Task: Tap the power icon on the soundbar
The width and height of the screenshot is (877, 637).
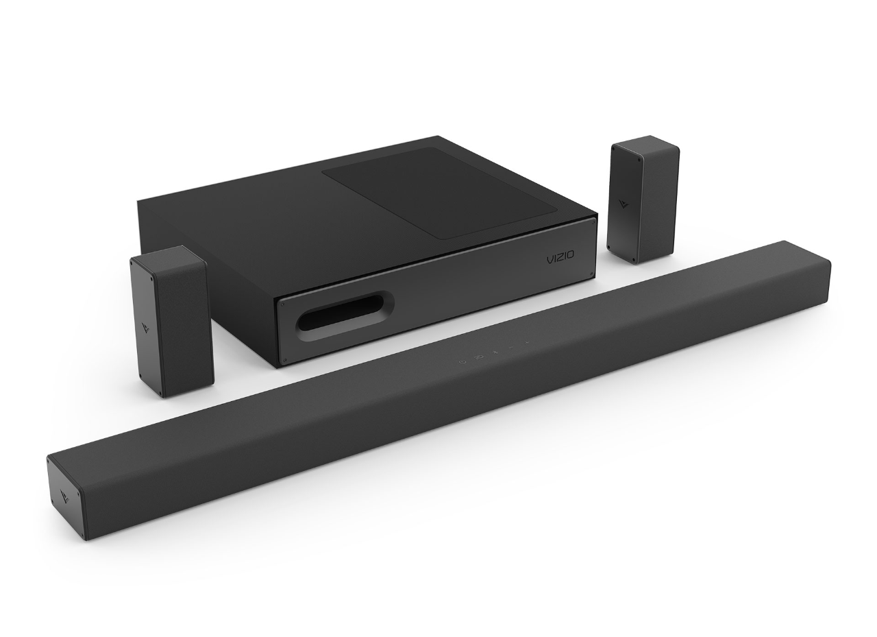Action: tap(462, 361)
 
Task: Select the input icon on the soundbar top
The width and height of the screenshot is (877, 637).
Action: tap(479, 357)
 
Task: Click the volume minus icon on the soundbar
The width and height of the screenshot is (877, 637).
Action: tap(510, 348)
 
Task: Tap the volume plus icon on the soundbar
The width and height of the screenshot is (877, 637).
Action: tap(527, 343)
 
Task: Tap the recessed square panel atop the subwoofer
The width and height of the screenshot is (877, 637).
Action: tap(439, 193)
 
